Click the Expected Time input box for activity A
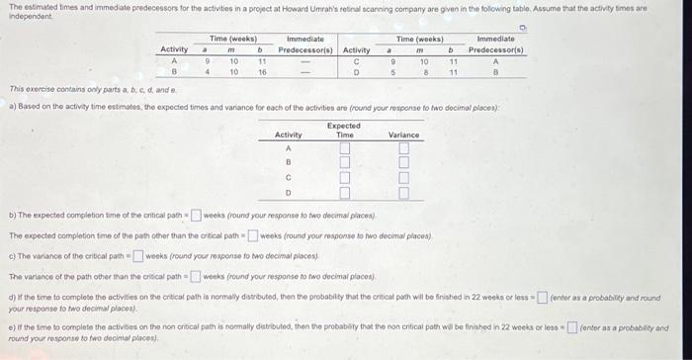[344, 149]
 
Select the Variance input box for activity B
[403, 163]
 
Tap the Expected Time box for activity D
[344, 193]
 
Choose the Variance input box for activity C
[403, 178]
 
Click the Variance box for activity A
[403, 149]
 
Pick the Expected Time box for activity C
[344, 178]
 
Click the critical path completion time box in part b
[196, 215]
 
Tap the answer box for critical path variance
[138, 256]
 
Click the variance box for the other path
[195, 276]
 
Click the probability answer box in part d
[541, 297]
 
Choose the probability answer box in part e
[571, 327]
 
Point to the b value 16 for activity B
[262, 72]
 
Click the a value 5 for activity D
[392, 72]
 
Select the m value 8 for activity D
[424, 72]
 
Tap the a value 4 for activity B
[205, 72]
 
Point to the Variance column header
[403, 135]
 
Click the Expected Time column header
[344, 130]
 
